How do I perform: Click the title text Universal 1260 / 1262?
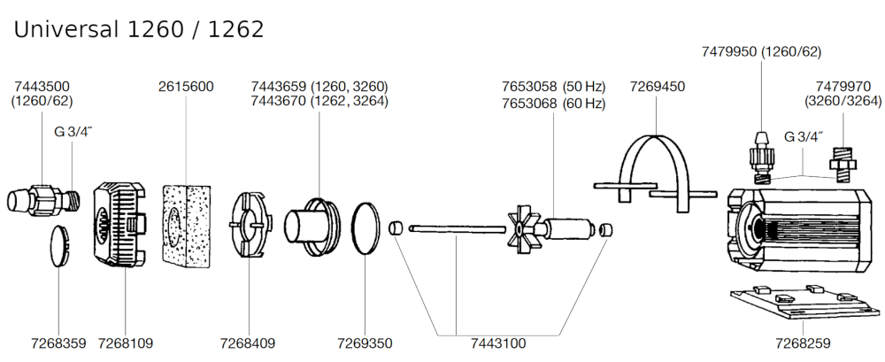(x=139, y=29)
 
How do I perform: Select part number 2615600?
(x=186, y=87)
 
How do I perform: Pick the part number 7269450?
(x=658, y=87)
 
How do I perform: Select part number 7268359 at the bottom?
(x=58, y=343)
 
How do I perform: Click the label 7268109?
(x=125, y=343)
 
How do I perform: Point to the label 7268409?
(x=249, y=343)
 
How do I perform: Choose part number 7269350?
(x=365, y=343)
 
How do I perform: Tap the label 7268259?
(x=803, y=343)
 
